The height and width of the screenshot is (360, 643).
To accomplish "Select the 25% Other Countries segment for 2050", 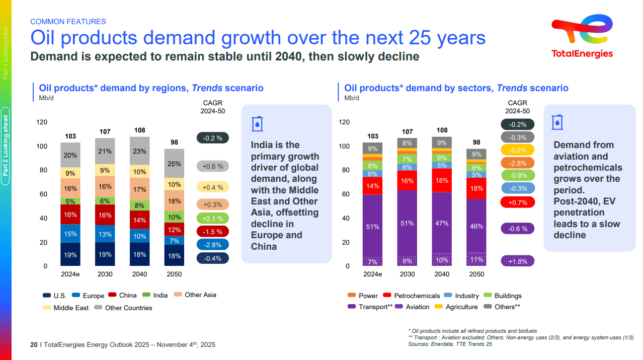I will (174, 164).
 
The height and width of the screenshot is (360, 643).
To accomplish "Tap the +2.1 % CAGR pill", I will (212, 218).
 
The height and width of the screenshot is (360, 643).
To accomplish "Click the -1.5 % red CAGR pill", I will (212, 231).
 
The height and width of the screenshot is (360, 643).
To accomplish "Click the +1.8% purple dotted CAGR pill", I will (517, 261).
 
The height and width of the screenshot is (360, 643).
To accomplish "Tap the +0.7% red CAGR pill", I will (517, 202).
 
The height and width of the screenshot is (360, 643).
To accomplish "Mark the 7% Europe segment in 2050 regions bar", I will (174, 240).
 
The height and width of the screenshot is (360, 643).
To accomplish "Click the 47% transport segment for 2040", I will (442, 223).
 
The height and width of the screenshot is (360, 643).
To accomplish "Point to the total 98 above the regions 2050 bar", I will (174, 142).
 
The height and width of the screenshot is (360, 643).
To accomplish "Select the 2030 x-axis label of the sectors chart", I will (407, 274).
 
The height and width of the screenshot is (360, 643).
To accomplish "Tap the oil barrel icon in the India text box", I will (257, 123).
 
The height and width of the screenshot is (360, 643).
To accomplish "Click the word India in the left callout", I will (262, 145).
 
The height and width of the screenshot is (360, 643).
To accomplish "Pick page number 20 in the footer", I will (34, 345).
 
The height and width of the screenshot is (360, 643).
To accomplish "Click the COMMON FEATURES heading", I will (68, 22).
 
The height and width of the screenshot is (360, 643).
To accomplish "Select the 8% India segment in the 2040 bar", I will (140, 205).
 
